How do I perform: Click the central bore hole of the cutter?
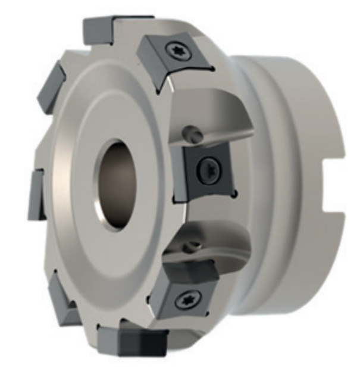tap(117, 184)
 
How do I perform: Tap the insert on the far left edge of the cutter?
tap(36, 194)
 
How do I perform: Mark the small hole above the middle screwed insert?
tap(189, 133)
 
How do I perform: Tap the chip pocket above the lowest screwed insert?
tap(214, 238)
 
